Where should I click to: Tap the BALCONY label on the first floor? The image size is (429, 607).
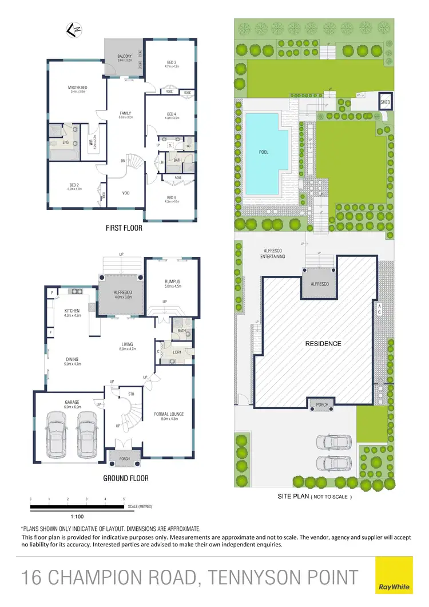(125, 56)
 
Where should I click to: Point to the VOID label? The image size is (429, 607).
(126, 193)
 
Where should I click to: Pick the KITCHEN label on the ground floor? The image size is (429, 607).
(72, 311)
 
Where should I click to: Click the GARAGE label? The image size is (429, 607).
(72, 402)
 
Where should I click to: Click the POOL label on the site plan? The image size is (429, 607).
(264, 152)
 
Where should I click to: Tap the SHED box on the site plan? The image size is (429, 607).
(385, 101)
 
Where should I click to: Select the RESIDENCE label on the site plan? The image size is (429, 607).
(323, 344)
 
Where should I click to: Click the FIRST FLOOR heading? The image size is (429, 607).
(124, 228)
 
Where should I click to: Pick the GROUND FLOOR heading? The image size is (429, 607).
(125, 478)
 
